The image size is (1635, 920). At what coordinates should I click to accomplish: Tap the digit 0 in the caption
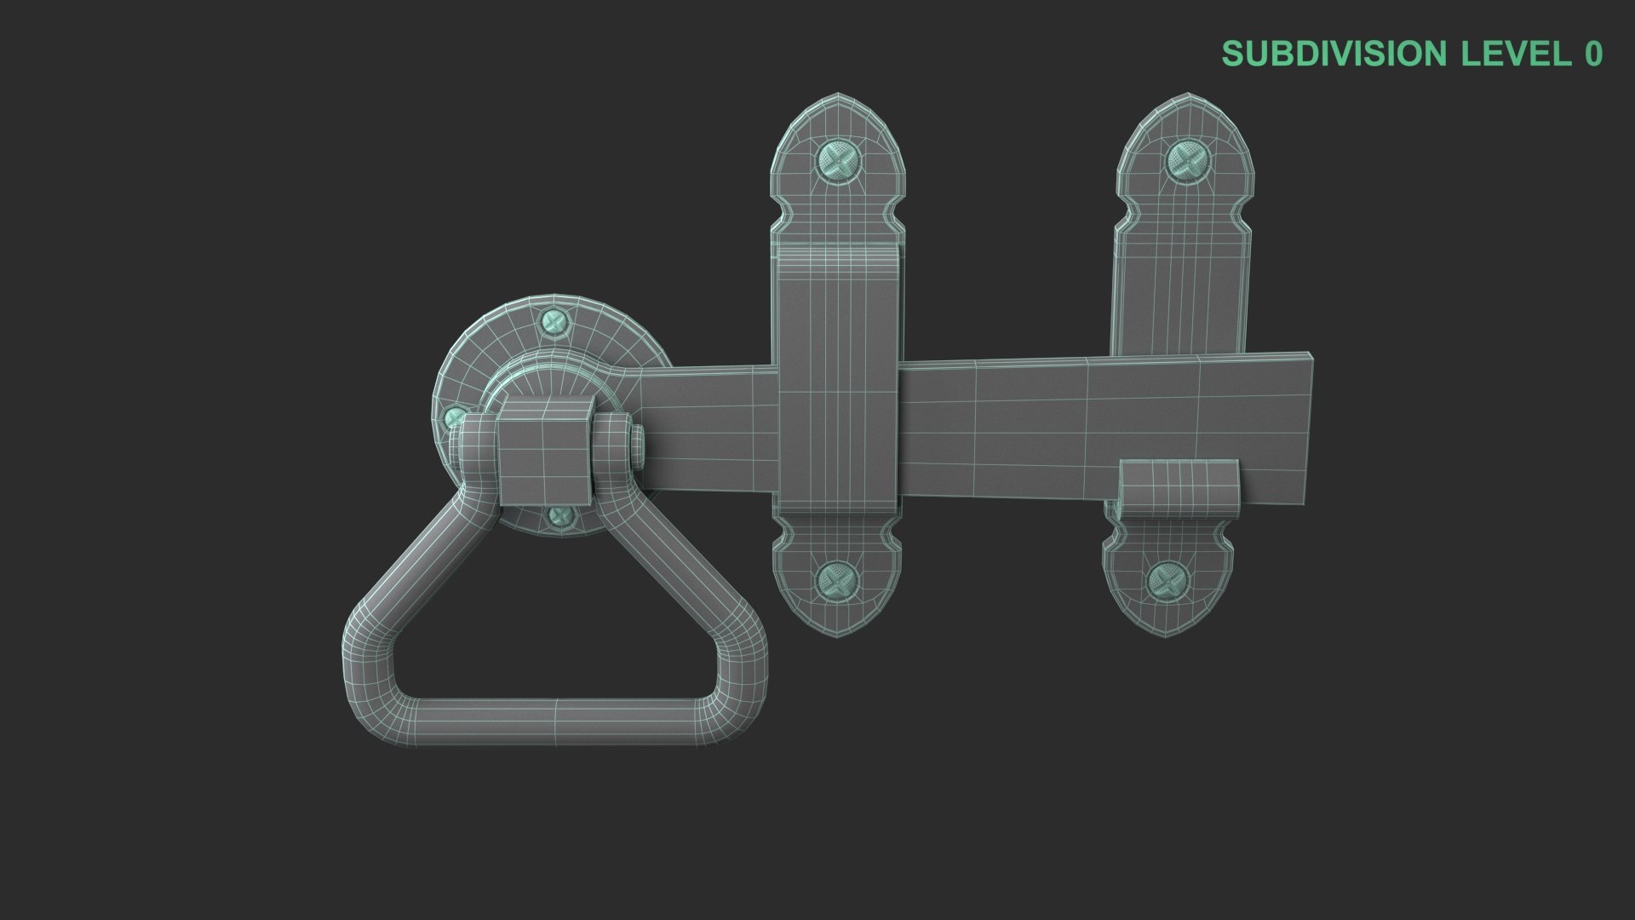1593,54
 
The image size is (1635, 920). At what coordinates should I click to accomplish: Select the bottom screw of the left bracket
836,582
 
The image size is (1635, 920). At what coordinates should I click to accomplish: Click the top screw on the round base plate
555,322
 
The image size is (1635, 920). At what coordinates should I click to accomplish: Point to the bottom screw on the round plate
559,515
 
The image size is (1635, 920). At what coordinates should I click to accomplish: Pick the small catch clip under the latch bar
1178,490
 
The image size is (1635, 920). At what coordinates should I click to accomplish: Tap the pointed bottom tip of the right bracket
1167,635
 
